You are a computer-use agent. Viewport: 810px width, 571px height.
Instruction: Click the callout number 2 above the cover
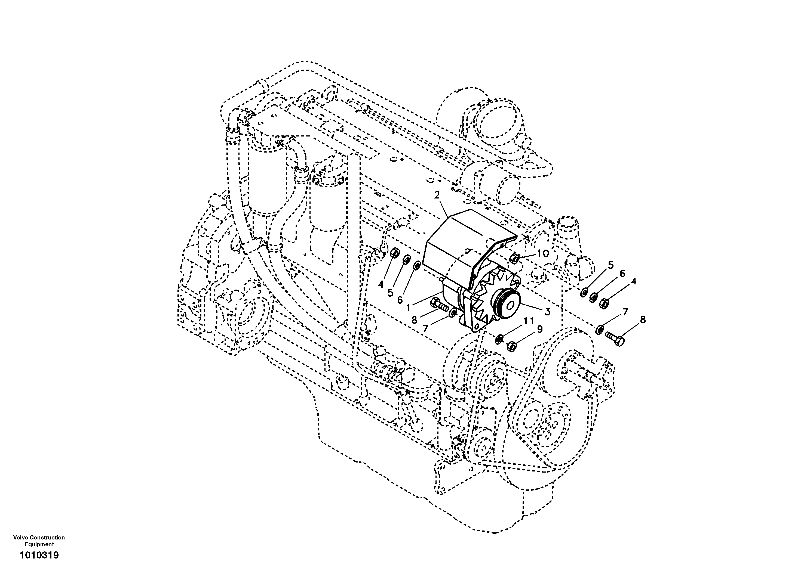coord(437,195)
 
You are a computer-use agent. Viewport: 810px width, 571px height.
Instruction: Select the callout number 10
coord(543,253)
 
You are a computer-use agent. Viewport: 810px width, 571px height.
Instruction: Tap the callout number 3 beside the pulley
coord(547,311)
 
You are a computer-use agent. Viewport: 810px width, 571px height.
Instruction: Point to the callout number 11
coord(529,321)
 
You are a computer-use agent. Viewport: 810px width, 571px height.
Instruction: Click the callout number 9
coord(539,329)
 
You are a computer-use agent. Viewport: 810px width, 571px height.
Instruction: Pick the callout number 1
coord(408,308)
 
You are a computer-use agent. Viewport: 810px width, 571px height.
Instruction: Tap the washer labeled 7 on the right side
coord(599,330)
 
